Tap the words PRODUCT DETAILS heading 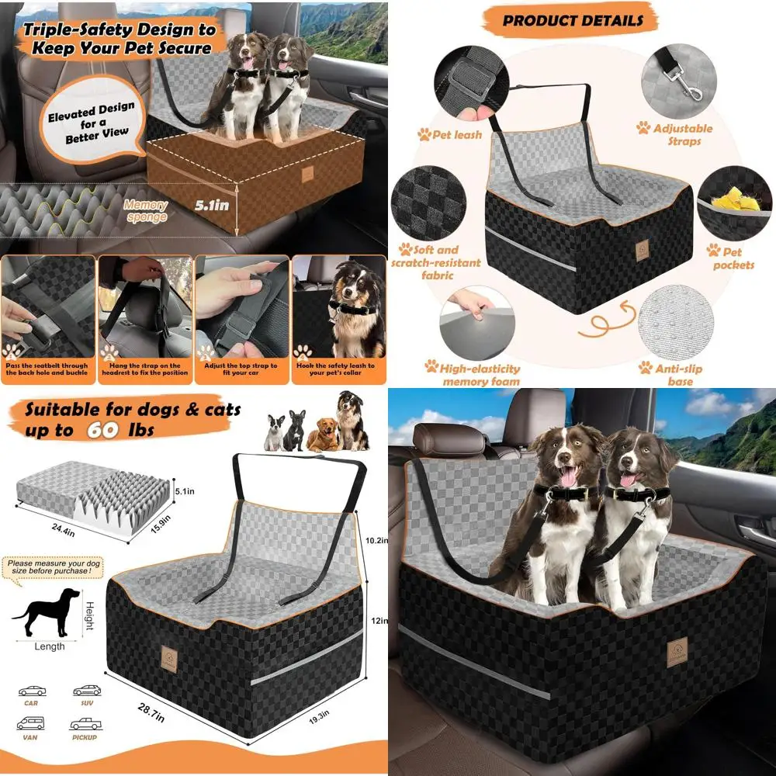(573, 20)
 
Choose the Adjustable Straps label (683, 134)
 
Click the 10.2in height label (376, 539)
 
